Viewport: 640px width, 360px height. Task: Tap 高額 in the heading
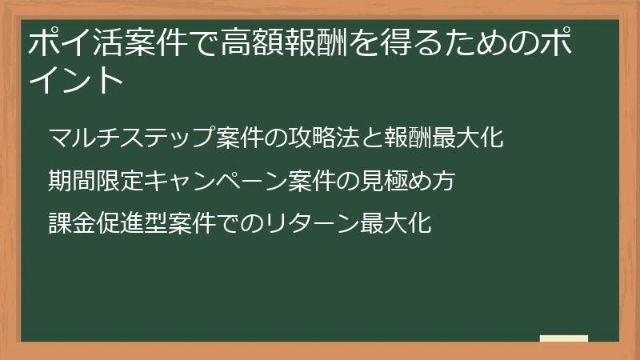[x=253, y=43]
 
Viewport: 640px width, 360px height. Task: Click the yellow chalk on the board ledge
[x=563, y=338]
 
